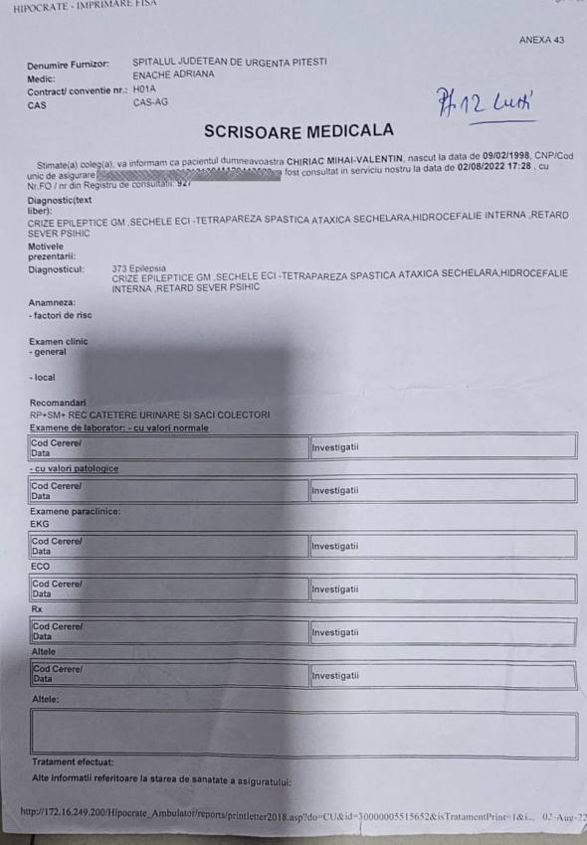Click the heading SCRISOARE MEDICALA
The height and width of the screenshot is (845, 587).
point(298,130)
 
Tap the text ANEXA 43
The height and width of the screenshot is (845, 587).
point(541,40)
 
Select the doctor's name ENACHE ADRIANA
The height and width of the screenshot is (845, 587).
point(173,75)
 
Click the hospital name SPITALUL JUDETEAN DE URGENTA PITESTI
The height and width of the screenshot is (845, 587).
point(230,62)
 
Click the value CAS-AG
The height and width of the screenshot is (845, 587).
point(149,102)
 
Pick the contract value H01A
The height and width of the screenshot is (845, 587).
point(145,88)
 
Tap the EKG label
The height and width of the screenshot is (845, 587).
point(40,523)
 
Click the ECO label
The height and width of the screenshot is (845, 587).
point(40,566)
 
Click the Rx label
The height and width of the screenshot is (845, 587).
point(36,608)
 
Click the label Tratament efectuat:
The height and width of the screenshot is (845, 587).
point(73,762)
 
